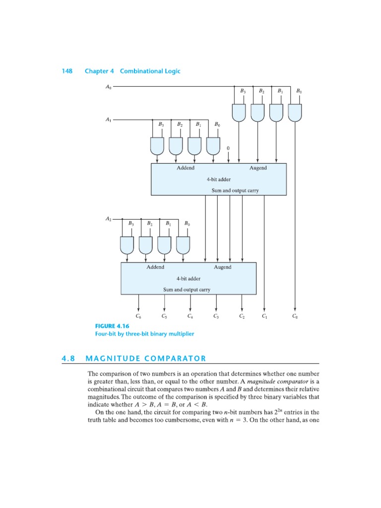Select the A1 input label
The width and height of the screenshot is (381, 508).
[109, 120]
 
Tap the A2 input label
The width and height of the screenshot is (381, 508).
[109, 218]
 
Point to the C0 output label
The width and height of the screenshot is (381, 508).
[295, 316]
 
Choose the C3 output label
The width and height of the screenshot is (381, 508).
[216, 316]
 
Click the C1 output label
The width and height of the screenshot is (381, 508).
[264, 316]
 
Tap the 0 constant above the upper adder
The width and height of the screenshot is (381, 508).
[228, 148]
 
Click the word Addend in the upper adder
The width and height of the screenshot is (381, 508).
[185, 168]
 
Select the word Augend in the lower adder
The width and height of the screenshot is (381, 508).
[222, 267]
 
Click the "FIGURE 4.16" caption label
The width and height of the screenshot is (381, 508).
[109, 326]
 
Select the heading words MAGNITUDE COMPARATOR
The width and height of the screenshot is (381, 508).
[145, 358]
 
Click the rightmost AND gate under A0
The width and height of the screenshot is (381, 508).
[295, 113]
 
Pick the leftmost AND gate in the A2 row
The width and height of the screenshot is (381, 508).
[127, 244]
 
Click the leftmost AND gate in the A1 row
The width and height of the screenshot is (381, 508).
[157, 145]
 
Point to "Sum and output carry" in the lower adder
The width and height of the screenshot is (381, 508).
[187, 289]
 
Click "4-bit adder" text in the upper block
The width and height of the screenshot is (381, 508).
[218, 179]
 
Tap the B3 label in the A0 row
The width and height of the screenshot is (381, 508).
[243, 91]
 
